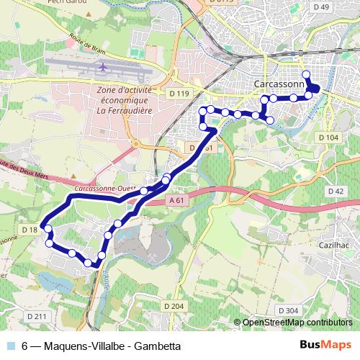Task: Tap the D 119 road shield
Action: tap(180, 94)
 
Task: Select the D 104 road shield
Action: tap(328, 137)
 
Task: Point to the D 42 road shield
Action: tap(336, 191)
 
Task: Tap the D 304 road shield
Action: tap(287, 310)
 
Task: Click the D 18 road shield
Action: tap(31, 229)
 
